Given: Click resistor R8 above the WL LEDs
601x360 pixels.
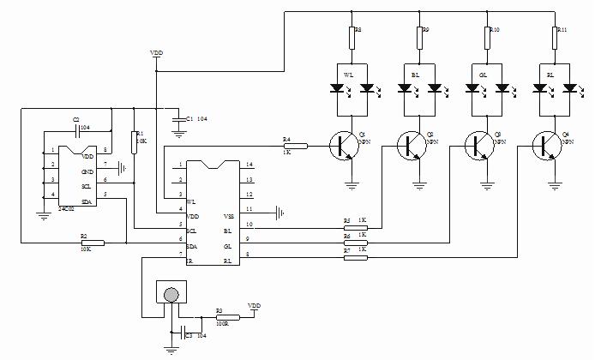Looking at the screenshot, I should [x=352, y=39].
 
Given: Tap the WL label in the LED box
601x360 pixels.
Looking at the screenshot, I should [x=348, y=75].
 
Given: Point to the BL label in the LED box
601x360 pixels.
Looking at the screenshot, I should [x=415, y=75].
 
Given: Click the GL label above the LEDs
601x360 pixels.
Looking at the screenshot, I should [x=484, y=75].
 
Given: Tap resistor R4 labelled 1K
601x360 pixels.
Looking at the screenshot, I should [x=293, y=146].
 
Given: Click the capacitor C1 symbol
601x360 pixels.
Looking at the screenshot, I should [x=177, y=119].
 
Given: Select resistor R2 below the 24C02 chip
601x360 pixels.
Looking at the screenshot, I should [x=92, y=243].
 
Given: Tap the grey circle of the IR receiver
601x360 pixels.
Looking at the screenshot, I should [x=171, y=293].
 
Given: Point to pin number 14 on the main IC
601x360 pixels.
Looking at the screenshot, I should [x=249, y=164].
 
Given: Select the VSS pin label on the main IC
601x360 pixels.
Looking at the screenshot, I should [x=229, y=216].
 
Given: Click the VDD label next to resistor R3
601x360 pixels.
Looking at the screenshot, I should [x=254, y=305].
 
